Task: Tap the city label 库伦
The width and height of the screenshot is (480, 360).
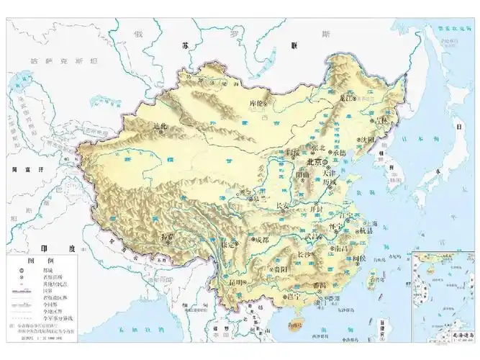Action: [x=258, y=102]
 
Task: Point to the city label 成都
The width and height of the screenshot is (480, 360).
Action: [x=261, y=240]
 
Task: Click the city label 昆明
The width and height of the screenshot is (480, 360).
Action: [x=235, y=283]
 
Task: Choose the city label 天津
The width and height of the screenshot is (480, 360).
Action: [x=328, y=173]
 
